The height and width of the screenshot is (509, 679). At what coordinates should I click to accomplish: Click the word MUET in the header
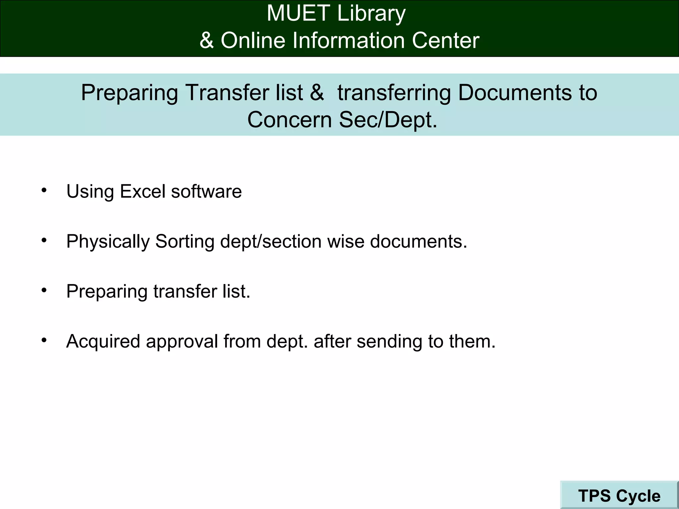(298, 14)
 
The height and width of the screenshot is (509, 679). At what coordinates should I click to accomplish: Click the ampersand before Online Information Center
(207, 41)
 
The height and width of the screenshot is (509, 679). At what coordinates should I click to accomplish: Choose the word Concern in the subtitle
(289, 120)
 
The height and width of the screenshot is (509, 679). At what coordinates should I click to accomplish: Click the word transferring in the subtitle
(394, 92)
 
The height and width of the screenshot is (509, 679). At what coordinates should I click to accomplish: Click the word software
(206, 192)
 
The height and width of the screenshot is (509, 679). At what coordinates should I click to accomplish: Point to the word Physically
(108, 242)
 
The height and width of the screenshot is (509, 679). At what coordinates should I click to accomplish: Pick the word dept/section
(271, 242)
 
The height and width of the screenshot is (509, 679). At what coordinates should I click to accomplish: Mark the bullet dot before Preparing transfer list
(44, 290)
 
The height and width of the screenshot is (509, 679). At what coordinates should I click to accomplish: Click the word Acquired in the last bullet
(103, 341)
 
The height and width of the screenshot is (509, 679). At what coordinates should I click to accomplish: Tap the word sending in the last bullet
(389, 341)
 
